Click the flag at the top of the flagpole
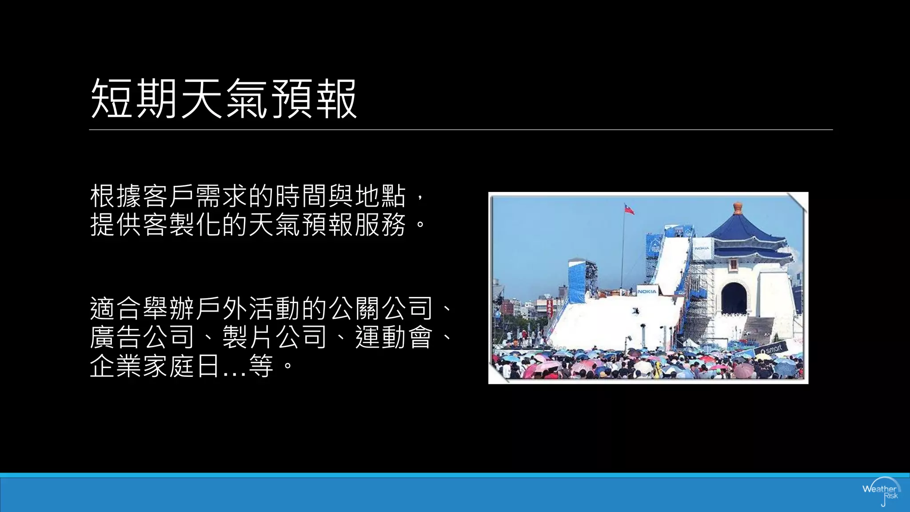pos(629,209)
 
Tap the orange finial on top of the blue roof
pos(738,207)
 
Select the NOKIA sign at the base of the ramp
pos(647,291)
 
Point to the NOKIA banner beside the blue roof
pos(702,248)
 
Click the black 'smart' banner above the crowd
pos(771,350)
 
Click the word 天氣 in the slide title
pos(224,99)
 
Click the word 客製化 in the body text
pos(182,224)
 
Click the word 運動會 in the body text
pos(394,337)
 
